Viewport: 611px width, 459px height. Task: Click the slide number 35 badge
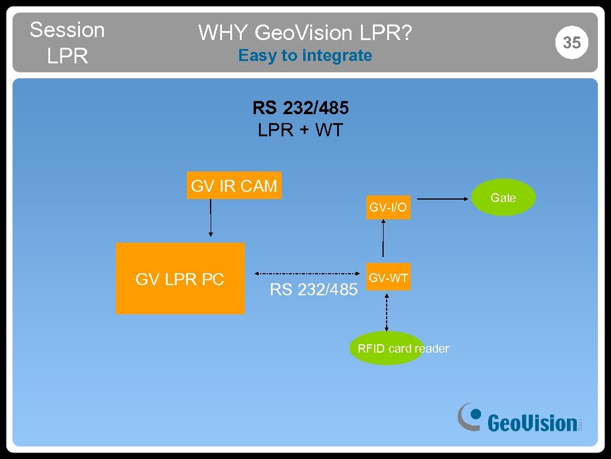(x=572, y=42)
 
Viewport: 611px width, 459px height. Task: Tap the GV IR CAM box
(x=234, y=186)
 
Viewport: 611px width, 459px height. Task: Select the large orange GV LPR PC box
(x=180, y=279)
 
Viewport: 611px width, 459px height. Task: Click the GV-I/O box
(x=388, y=207)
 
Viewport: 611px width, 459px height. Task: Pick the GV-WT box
(x=388, y=278)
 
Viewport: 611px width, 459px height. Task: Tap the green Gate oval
(x=503, y=198)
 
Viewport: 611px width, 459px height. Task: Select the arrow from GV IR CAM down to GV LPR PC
(x=210, y=218)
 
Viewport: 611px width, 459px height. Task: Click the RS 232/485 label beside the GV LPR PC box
(x=314, y=290)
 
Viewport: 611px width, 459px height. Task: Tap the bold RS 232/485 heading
(x=301, y=108)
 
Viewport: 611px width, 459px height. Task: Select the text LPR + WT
(x=301, y=130)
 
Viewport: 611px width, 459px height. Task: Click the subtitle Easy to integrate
(x=305, y=56)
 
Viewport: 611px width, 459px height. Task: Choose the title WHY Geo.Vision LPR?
(x=305, y=32)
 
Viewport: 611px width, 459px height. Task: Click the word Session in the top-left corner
(x=67, y=29)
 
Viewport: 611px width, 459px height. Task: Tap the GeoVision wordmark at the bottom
(x=532, y=423)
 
